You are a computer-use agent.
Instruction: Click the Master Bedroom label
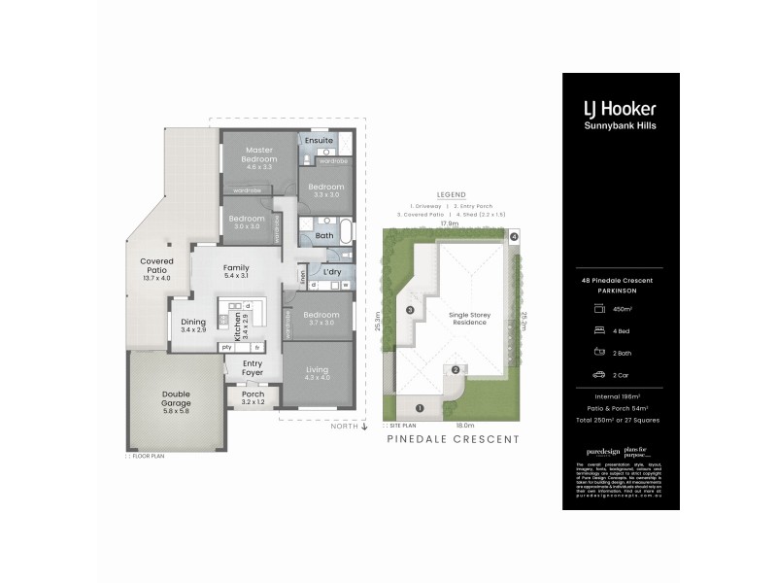[258, 154]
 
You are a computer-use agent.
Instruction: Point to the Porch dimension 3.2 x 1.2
[253, 402]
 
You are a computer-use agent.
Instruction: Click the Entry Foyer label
[252, 368]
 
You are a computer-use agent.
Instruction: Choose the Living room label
[317, 370]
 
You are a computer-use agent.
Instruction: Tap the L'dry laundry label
[332, 272]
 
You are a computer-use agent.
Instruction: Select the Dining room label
[193, 324]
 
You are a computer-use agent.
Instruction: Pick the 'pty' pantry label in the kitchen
[226, 347]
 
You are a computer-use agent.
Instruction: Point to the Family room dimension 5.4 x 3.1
[236, 277]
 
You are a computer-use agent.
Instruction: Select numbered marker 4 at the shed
[514, 237]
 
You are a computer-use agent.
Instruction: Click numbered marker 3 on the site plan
[411, 310]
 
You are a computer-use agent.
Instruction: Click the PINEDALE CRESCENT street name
[452, 439]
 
